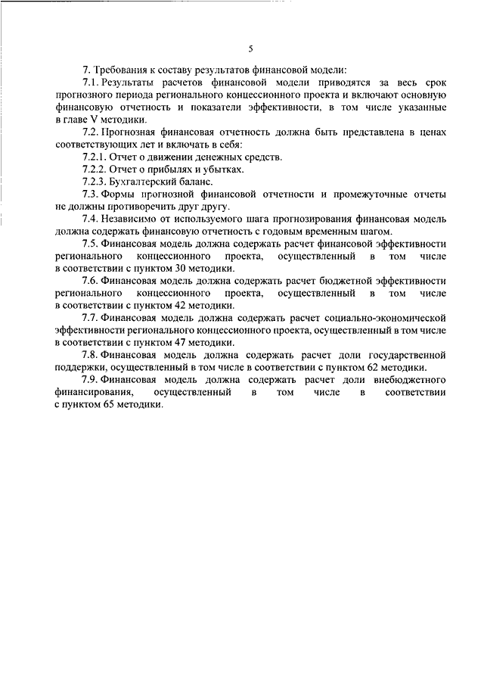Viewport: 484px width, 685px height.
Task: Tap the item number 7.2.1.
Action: click(95, 157)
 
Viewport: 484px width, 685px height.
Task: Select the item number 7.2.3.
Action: click(95, 182)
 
